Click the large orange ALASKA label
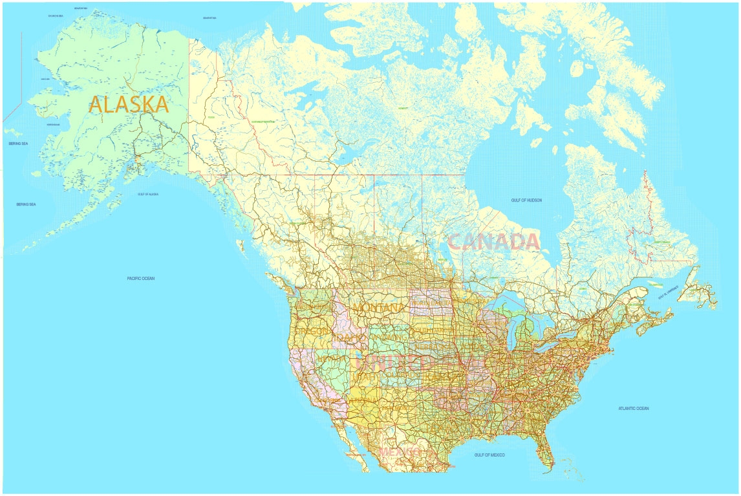(x=129, y=104)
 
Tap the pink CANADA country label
(x=493, y=242)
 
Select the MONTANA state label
(x=378, y=307)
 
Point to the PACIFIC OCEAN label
(x=141, y=279)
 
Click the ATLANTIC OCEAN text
(x=633, y=409)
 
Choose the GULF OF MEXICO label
(x=489, y=455)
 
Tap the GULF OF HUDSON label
(x=526, y=200)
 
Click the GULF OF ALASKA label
(x=148, y=194)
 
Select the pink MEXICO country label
(x=403, y=451)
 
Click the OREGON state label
(x=312, y=331)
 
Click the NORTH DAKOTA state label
(x=430, y=303)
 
